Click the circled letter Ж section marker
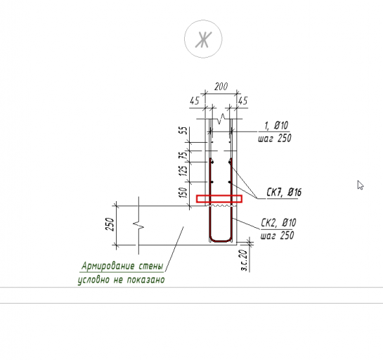203,39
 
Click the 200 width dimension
221,86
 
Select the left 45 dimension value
195,101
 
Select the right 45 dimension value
243,101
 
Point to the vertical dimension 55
185,130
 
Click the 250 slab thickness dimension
110,224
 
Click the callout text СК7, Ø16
284,193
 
